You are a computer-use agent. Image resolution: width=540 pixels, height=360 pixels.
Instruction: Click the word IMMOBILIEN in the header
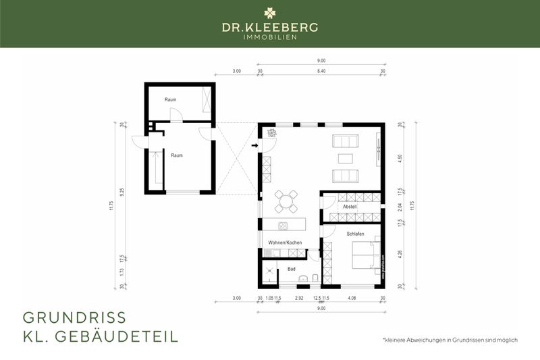coord(269,36)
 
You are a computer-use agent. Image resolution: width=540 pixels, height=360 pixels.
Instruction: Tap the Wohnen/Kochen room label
coord(285,242)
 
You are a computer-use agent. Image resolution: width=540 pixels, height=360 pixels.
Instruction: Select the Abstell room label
coord(350,207)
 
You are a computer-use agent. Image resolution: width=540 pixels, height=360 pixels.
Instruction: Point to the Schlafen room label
coord(356,234)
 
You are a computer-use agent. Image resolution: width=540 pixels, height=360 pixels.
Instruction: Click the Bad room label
coord(292,268)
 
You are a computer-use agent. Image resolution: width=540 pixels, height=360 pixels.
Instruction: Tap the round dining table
coord(286,201)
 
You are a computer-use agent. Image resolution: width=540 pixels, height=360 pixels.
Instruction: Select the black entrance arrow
coord(254,144)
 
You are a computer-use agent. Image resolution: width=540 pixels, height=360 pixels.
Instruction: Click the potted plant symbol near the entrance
coord(271,132)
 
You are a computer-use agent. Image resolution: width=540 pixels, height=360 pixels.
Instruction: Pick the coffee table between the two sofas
coord(345,159)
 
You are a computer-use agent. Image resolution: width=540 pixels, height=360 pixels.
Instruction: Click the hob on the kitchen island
coord(283,226)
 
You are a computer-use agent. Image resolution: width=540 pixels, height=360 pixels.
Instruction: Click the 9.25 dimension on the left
coord(122,192)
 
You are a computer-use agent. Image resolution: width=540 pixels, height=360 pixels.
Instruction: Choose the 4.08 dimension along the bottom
coord(352,297)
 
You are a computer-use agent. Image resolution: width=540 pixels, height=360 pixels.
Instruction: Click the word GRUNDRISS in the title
coord(74,317)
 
